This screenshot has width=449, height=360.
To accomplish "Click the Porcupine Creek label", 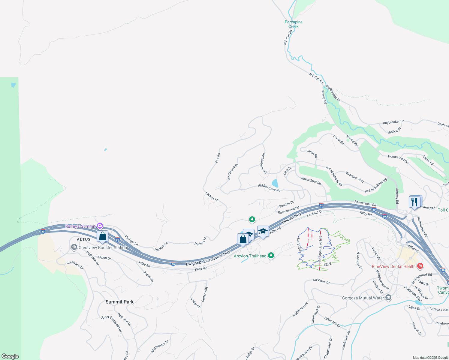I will (294, 24).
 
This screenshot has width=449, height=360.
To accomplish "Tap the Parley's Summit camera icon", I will (100, 226).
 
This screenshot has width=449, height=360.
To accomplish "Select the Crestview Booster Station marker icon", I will (74, 247).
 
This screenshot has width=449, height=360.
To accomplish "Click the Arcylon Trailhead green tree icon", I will (271, 256).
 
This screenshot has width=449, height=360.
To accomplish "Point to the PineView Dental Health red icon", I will (420, 266).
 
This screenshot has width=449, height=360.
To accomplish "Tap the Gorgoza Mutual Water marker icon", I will (388, 298).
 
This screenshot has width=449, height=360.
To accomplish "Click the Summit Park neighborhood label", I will (119, 302).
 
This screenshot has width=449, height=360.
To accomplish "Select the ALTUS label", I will (84, 239).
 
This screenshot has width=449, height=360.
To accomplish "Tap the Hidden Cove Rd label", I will (269, 188).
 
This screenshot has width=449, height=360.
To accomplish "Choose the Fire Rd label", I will (218, 158).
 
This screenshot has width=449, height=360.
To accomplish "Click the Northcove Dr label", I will (233, 172).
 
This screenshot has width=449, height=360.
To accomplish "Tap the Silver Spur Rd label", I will (311, 181).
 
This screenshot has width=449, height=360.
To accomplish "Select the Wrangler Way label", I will (355, 177).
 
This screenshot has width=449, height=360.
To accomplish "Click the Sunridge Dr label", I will (321, 281).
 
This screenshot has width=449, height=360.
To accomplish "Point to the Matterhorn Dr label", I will (160, 346).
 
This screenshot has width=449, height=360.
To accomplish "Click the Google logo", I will (10, 356).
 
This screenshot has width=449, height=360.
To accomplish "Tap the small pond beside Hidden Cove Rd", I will (275, 183).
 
